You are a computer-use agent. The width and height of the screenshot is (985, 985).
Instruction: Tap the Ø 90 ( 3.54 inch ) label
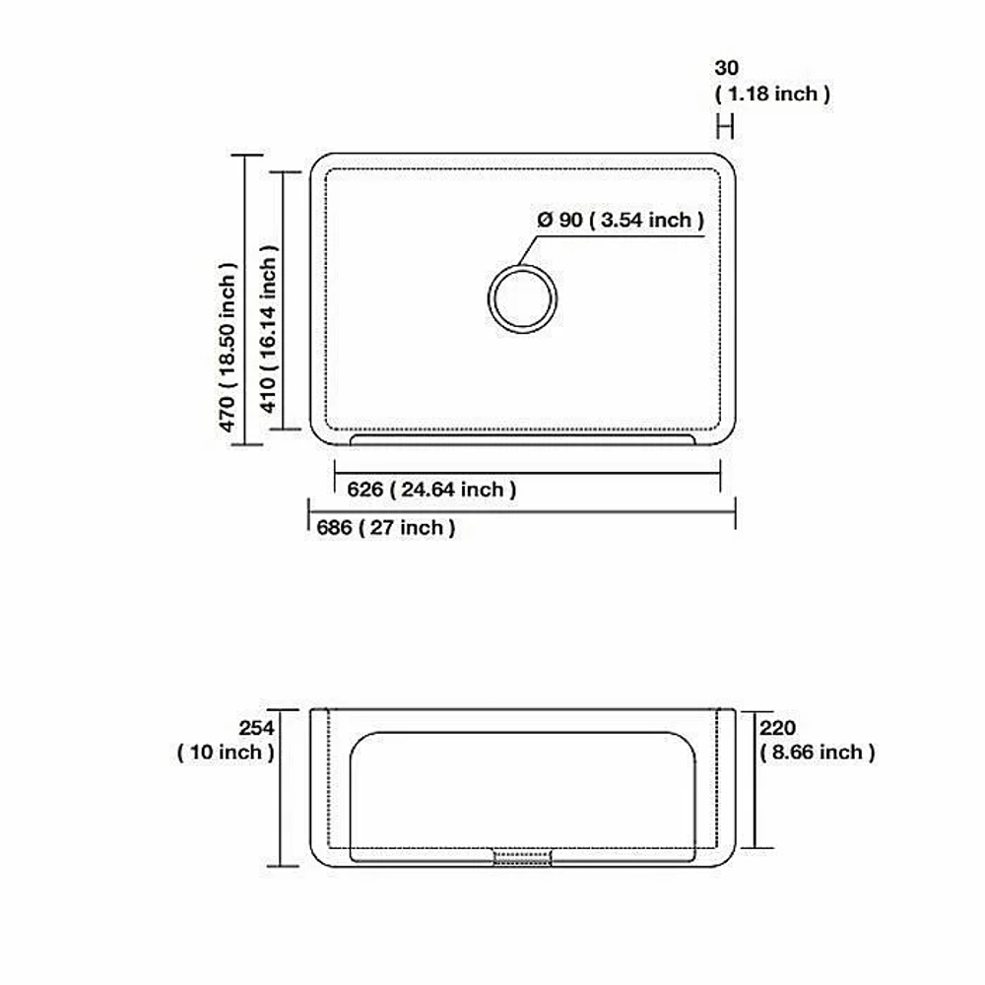(621, 220)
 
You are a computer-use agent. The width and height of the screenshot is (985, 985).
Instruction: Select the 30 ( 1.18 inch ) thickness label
(772, 81)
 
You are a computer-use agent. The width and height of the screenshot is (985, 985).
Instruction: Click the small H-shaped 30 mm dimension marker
(725, 127)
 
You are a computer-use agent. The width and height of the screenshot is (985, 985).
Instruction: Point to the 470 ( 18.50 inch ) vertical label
(228, 348)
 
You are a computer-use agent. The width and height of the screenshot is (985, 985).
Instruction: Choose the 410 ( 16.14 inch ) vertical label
(268, 329)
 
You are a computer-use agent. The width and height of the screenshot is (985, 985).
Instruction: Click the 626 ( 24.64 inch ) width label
(431, 490)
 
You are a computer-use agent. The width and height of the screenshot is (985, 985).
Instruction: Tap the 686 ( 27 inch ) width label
(386, 528)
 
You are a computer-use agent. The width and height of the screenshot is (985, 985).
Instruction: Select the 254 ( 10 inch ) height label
(227, 740)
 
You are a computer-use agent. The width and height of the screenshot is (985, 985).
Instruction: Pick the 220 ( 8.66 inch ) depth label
(817, 740)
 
